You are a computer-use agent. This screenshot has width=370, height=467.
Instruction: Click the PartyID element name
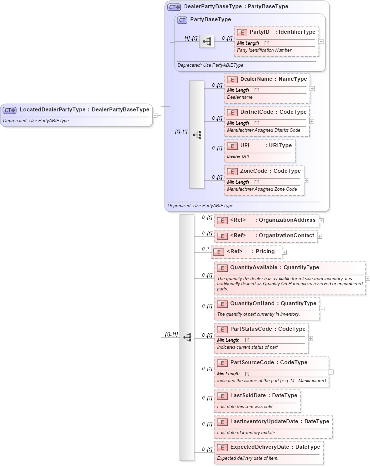259,32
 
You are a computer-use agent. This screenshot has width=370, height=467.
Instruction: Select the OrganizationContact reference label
287,236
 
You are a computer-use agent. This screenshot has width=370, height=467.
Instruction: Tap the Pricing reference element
265,252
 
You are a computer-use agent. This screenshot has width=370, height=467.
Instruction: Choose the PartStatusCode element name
251,329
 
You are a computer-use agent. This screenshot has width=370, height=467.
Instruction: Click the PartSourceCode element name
252,363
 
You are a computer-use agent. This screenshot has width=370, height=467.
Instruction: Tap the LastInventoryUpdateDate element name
264,422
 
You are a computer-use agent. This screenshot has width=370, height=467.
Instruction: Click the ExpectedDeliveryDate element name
259,447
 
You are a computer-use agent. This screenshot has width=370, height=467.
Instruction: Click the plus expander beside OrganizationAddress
321,220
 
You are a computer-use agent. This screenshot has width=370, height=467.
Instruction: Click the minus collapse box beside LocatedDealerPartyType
155,115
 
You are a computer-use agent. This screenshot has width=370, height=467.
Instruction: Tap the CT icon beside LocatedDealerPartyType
10,110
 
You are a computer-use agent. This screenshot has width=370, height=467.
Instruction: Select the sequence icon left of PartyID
206,42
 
